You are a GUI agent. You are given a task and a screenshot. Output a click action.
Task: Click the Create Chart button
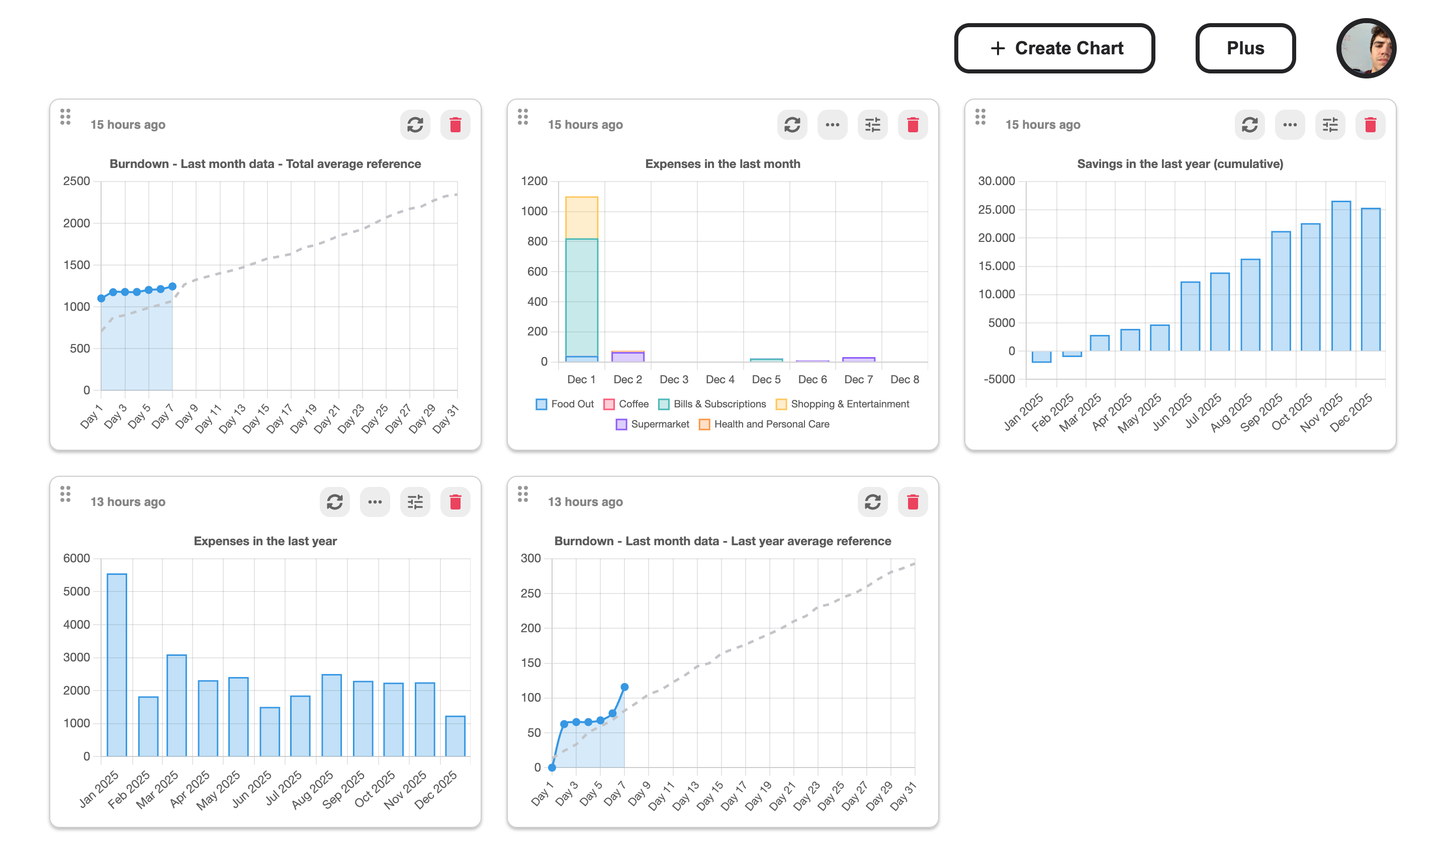(x=1054, y=48)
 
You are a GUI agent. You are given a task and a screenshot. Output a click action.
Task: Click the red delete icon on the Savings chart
(x=1370, y=124)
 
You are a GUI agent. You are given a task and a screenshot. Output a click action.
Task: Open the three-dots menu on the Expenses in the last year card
(x=375, y=501)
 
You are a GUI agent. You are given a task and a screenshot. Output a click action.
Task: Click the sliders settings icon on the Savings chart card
(x=1329, y=124)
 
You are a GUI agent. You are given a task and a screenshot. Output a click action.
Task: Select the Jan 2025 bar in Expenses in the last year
(x=117, y=665)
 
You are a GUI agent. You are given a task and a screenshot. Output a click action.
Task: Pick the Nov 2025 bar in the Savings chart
(x=1340, y=276)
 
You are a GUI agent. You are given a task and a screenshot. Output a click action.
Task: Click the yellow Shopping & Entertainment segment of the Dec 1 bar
(x=582, y=218)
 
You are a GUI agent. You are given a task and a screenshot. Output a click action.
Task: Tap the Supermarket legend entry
(x=652, y=424)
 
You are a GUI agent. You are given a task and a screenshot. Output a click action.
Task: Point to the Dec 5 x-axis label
(x=766, y=379)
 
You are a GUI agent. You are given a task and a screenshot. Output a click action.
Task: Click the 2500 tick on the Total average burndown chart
(x=77, y=181)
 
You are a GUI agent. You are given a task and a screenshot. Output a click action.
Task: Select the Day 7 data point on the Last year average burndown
(x=624, y=687)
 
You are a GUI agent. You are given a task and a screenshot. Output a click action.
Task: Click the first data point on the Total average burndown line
(x=102, y=298)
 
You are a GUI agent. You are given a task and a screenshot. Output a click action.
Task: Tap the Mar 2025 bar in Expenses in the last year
(x=176, y=705)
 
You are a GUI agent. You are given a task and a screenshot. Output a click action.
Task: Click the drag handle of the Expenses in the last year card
(x=65, y=493)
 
